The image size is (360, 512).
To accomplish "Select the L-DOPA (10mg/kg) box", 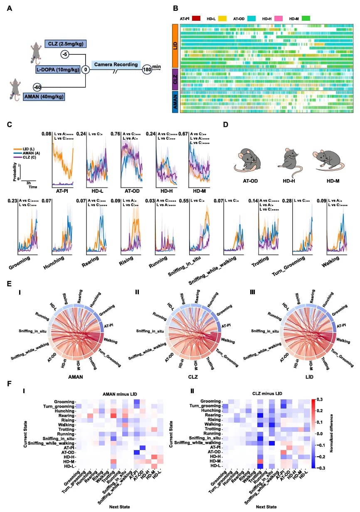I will [58, 69].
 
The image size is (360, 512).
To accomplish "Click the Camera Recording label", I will [115, 64].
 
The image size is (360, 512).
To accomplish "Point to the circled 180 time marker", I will [147, 69].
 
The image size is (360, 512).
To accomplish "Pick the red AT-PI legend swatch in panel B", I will [197, 19].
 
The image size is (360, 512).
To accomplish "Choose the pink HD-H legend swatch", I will [278, 19].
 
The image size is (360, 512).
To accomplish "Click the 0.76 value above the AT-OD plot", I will [115, 134].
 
